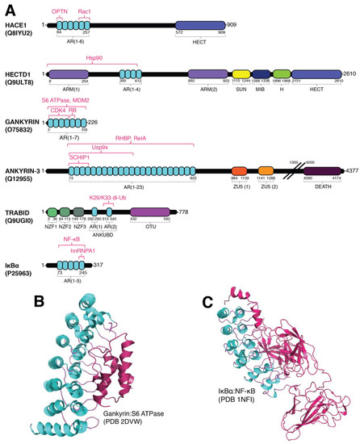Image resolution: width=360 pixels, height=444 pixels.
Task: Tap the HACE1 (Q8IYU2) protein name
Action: coord(19,30)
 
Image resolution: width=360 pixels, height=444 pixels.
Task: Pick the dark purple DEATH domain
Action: coord(321,171)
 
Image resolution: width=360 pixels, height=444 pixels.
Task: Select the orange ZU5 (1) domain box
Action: coord(239,171)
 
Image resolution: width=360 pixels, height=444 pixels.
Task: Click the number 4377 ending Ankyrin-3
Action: coord(350,171)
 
